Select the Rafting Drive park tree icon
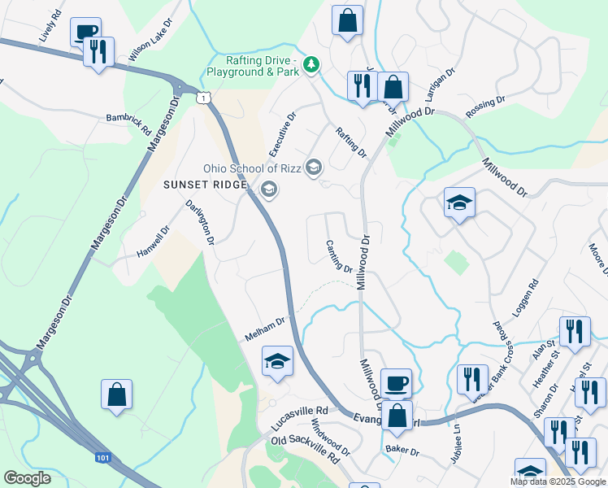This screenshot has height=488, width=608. pyautogui.click(x=310, y=64)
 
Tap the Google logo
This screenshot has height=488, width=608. pyautogui.click(x=27, y=478)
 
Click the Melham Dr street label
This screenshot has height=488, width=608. pyautogui.click(x=265, y=329)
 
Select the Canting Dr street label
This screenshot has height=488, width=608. pyautogui.click(x=339, y=256)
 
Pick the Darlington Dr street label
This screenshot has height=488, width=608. pyautogui.click(x=200, y=222)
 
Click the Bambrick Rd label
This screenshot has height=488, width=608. pyautogui.click(x=129, y=124)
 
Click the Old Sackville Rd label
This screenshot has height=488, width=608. pyautogui.click(x=306, y=449)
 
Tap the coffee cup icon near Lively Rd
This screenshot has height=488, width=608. pyautogui.click(x=85, y=31)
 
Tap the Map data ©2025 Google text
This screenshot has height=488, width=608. pyautogui.click(x=558, y=481)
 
